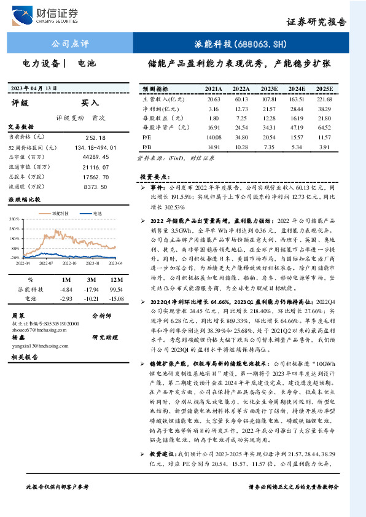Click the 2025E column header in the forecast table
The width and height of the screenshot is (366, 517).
pyautogui.click(x=324, y=89)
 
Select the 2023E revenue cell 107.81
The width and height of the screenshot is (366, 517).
pyautogui.click(x=270, y=99)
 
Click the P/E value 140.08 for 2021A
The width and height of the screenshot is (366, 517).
pyautogui.click(x=214, y=138)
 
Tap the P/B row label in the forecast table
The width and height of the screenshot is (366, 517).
pyautogui.click(x=147, y=147)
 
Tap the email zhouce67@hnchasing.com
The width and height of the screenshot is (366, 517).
pyautogui.click(x=34, y=329)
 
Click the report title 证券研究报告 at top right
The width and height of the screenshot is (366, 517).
pyautogui.click(x=316, y=20)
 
